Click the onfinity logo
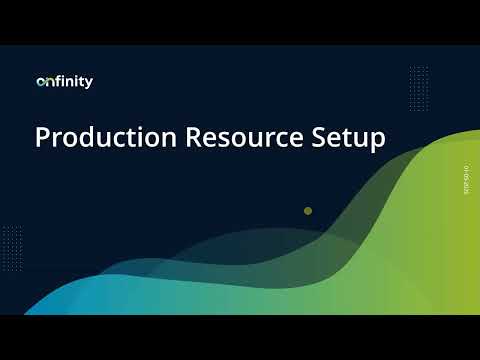(x=64, y=82)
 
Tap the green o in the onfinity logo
(x=40, y=83)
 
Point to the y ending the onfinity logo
(x=89, y=84)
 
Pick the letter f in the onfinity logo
(x=56, y=82)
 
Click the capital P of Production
(x=42, y=138)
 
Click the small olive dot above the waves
(x=308, y=211)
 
